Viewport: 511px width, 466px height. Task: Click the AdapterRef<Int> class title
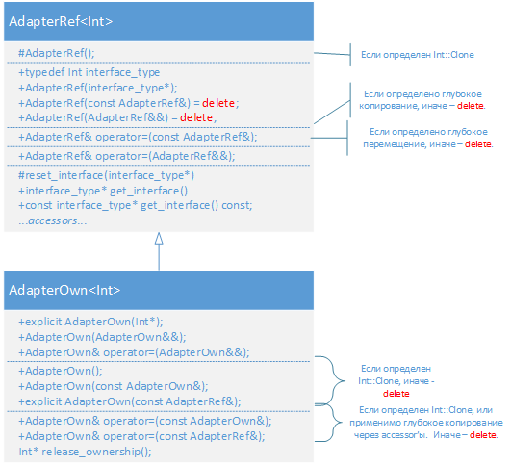pos(61,21)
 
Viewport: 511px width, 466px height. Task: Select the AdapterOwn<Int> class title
pos(64,290)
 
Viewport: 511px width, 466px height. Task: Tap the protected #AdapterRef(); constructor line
pos(57,53)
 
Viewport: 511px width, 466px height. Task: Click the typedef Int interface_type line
pos(89,72)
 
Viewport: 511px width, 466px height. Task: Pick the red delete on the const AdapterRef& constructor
pos(218,103)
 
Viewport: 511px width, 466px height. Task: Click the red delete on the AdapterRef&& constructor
pos(196,117)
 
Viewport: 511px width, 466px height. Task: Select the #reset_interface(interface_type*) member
pos(106,175)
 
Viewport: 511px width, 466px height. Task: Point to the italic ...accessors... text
pos(53,220)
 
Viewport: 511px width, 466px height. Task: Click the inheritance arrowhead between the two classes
pos(159,239)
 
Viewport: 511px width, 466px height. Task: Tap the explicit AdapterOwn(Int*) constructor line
pos(90,322)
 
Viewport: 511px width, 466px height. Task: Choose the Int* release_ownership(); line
pos(85,452)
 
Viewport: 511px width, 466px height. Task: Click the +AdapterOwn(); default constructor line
pos(61,371)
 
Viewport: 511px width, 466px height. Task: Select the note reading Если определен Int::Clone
pos(418,55)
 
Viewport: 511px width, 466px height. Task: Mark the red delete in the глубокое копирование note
pos(471,106)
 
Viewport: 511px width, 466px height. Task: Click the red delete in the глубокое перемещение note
pos(478,144)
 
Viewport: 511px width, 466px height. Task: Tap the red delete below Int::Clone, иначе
pos(396,394)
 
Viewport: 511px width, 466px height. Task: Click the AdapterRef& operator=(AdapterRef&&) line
pos(127,156)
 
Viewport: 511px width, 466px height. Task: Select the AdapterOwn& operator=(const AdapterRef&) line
pos(141,436)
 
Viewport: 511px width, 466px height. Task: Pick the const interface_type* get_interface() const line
pos(136,205)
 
